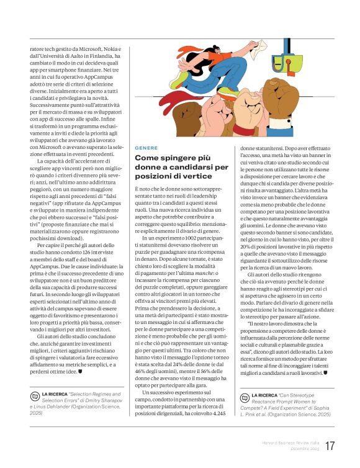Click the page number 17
click(330, 446)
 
